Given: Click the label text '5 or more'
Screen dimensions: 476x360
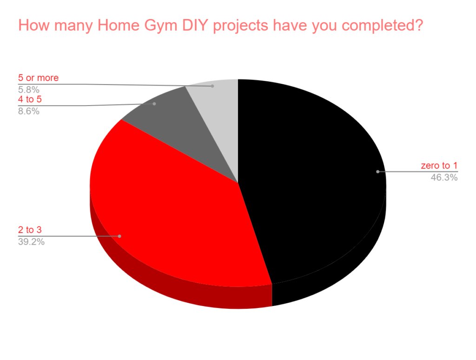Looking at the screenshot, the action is (38, 78).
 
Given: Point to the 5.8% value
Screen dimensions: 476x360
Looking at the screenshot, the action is (28, 90).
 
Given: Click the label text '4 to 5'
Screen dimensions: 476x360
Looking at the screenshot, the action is (30, 99).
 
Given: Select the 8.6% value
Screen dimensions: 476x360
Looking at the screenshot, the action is (28, 111).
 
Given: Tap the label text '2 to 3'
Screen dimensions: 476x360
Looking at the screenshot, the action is (30, 230).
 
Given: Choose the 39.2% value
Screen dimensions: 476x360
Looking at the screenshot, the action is (31, 241).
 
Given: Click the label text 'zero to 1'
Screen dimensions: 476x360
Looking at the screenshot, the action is (439, 166).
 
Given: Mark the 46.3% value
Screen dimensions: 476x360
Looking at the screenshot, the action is (444, 177).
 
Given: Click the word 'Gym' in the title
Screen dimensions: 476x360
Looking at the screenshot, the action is (161, 26).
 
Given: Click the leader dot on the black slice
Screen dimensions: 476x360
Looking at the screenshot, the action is (377, 172).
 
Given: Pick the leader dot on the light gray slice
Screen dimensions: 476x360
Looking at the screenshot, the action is (212, 86).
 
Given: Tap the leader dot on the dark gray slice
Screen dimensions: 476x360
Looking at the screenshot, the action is (154, 104).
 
